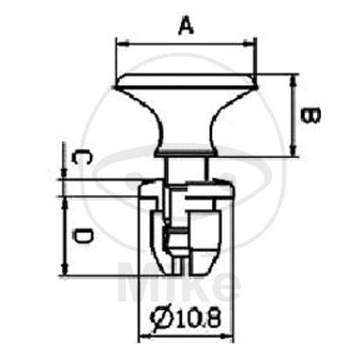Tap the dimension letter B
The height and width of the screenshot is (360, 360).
(x=312, y=115)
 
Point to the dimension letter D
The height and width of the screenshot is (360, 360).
(x=81, y=237)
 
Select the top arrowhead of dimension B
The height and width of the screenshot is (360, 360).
(x=296, y=77)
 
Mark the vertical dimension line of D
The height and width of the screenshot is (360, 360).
(x=64, y=235)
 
